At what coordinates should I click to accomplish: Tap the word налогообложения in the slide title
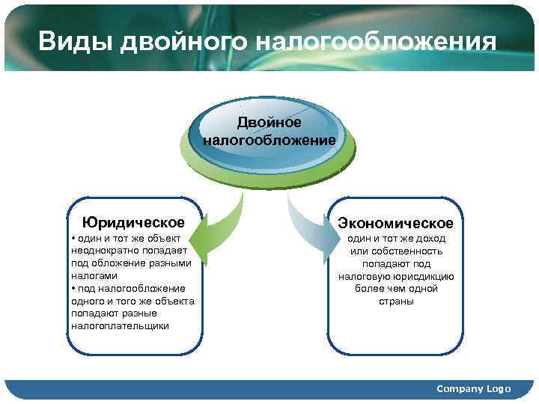375,42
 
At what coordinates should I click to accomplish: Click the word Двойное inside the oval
269,122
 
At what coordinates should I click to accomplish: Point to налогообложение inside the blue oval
269,139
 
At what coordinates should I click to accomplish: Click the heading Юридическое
134,222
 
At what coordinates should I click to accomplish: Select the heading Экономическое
395,224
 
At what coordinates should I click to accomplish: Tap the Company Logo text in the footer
473,389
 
